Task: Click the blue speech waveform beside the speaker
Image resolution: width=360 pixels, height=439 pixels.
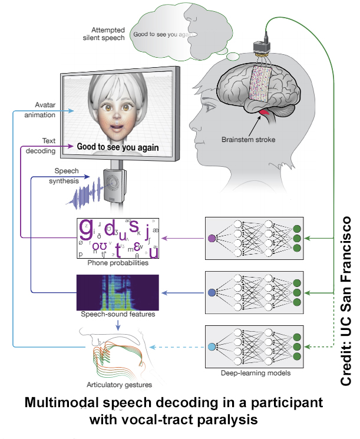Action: tap(82, 192)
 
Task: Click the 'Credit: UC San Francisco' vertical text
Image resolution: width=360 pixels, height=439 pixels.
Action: tap(348, 301)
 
